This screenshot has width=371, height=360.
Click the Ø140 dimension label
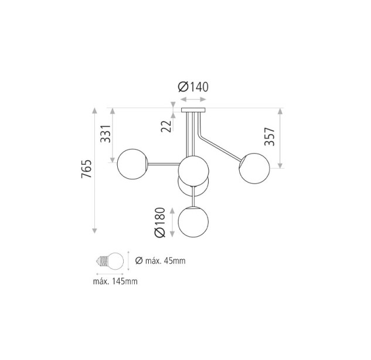coord(193,87)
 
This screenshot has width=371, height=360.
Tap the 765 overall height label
coord(86,169)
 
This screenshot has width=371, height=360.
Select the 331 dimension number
coord(105,134)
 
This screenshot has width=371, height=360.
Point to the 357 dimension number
coord(270,137)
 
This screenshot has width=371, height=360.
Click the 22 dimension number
coord(166,126)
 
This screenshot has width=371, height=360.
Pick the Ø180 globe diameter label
coord(159,222)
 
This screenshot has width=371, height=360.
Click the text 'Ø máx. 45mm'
coord(160,261)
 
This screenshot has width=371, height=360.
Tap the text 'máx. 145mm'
coord(115,281)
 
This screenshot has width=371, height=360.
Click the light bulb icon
coord(110,261)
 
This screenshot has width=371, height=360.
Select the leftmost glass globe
coord(132,164)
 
